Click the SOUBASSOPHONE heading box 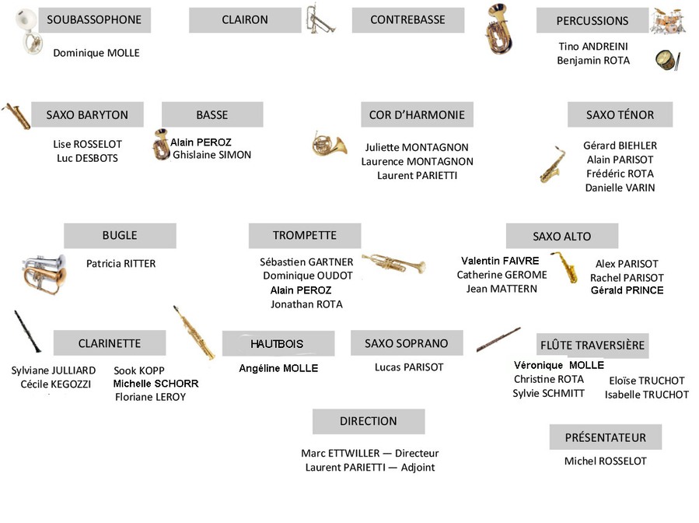[95, 20]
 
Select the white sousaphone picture [28, 31]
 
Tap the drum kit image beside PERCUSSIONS [667, 21]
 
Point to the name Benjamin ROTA [593, 61]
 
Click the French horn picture [329, 144]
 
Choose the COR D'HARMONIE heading [417, 114]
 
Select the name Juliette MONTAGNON [417, 147]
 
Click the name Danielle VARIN [620, 188]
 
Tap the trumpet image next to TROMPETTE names [393, 263]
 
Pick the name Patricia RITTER [121, 264]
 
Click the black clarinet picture [27, 331]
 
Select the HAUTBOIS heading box [278, 344]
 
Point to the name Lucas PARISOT [409, 367]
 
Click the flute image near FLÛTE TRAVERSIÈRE [498, 339]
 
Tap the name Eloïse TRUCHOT [647, 381]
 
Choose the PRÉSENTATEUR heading [606, 437]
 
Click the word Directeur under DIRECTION [417, 454]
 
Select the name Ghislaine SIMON [211, 155]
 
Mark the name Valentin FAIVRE [500, 261]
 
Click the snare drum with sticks [668, 60]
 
